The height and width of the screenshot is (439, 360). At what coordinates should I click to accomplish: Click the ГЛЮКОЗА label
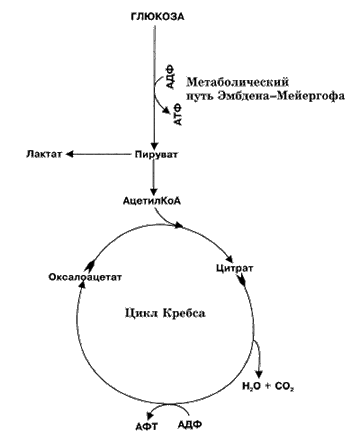coord(158,16)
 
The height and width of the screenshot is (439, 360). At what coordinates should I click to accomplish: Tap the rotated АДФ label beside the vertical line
coord(170,80)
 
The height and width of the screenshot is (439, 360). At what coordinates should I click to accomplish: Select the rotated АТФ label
coord(179,114)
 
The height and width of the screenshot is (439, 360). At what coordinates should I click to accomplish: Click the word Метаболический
coord(237,82)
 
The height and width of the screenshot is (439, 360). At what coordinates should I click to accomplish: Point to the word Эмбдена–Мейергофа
coord(281,96)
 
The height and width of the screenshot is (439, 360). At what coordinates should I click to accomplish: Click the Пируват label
coord(156,155)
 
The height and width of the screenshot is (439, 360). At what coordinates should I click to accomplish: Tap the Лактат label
coord(44,154)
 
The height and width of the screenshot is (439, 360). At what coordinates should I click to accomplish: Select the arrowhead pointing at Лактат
coord(70,154)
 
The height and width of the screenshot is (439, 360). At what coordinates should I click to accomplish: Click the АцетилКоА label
coord(152,201)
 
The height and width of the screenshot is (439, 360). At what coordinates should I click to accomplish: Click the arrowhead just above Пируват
coord(154,146)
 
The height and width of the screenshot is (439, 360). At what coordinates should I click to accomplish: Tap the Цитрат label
coord(234,268)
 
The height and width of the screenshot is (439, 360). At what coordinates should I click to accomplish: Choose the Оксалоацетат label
coord(85,277)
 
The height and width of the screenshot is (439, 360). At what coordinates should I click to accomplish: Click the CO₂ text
coord(284,386)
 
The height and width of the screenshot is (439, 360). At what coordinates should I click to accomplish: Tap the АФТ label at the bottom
coord(147,426)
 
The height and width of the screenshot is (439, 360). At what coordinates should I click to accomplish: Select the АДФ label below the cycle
coord(190,425)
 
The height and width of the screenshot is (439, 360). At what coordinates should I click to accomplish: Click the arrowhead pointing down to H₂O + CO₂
coord(259,373)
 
